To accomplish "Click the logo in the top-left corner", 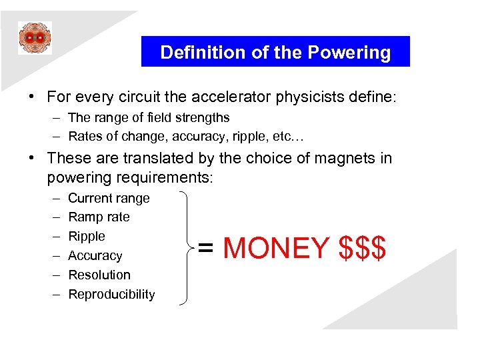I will tap(35, 38).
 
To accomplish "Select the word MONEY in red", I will tap(276, 248).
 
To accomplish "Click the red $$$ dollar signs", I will tap(362, 248).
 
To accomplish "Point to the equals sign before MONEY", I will tap(207, 249).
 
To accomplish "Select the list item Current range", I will tap(109, 198).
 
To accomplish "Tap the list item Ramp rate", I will tap(99, 217).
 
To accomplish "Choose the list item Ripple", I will tap(87, 237).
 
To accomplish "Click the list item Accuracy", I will tap(95, 256).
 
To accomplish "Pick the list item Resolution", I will tap(99, 275).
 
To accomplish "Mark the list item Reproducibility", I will tap(111, 294).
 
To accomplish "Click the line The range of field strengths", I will tap(149, 118).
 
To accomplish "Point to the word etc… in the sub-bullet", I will tap(288, 137).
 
